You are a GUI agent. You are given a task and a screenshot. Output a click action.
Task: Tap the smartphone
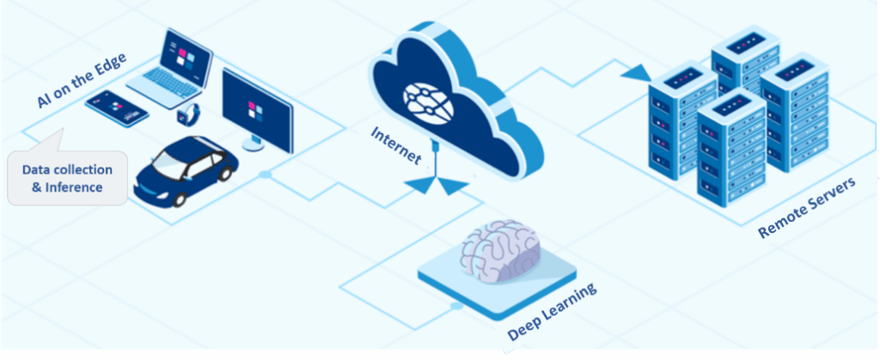[x=117, y=107]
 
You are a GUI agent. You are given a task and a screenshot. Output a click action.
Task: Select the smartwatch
[x=190, y=114]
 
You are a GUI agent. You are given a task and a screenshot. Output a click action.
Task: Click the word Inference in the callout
[x=73, y=187]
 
